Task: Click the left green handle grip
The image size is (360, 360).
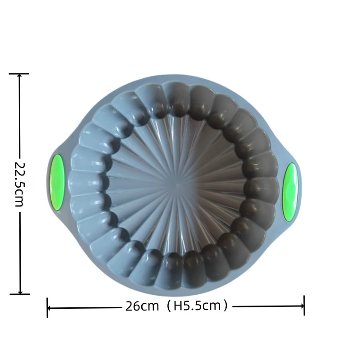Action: point(57,183)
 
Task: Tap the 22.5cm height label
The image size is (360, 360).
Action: point(19,184)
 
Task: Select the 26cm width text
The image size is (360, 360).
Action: point(142,306)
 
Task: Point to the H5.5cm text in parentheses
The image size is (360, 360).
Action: point(197,306)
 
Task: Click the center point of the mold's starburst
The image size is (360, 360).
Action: point(177,185)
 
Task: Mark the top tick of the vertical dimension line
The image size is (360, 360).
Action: point(19,74)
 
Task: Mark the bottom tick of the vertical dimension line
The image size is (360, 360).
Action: point(20,294)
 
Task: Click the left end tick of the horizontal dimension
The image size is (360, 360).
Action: point(47,308)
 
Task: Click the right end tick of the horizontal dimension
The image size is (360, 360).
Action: point(304,306)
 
